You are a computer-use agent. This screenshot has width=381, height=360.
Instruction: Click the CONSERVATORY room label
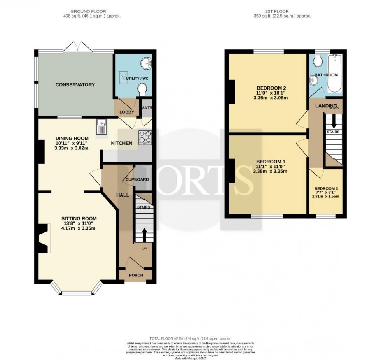coord(75,84)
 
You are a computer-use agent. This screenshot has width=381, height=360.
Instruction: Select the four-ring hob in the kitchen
coord(145,137)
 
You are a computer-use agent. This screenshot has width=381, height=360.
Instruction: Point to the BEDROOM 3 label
coord(326,189)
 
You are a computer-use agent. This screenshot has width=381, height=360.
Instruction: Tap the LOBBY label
coord(127,112)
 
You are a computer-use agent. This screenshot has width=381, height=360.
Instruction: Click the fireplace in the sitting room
coord(42,238)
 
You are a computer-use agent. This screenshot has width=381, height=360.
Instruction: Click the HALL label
coord(124,195)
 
